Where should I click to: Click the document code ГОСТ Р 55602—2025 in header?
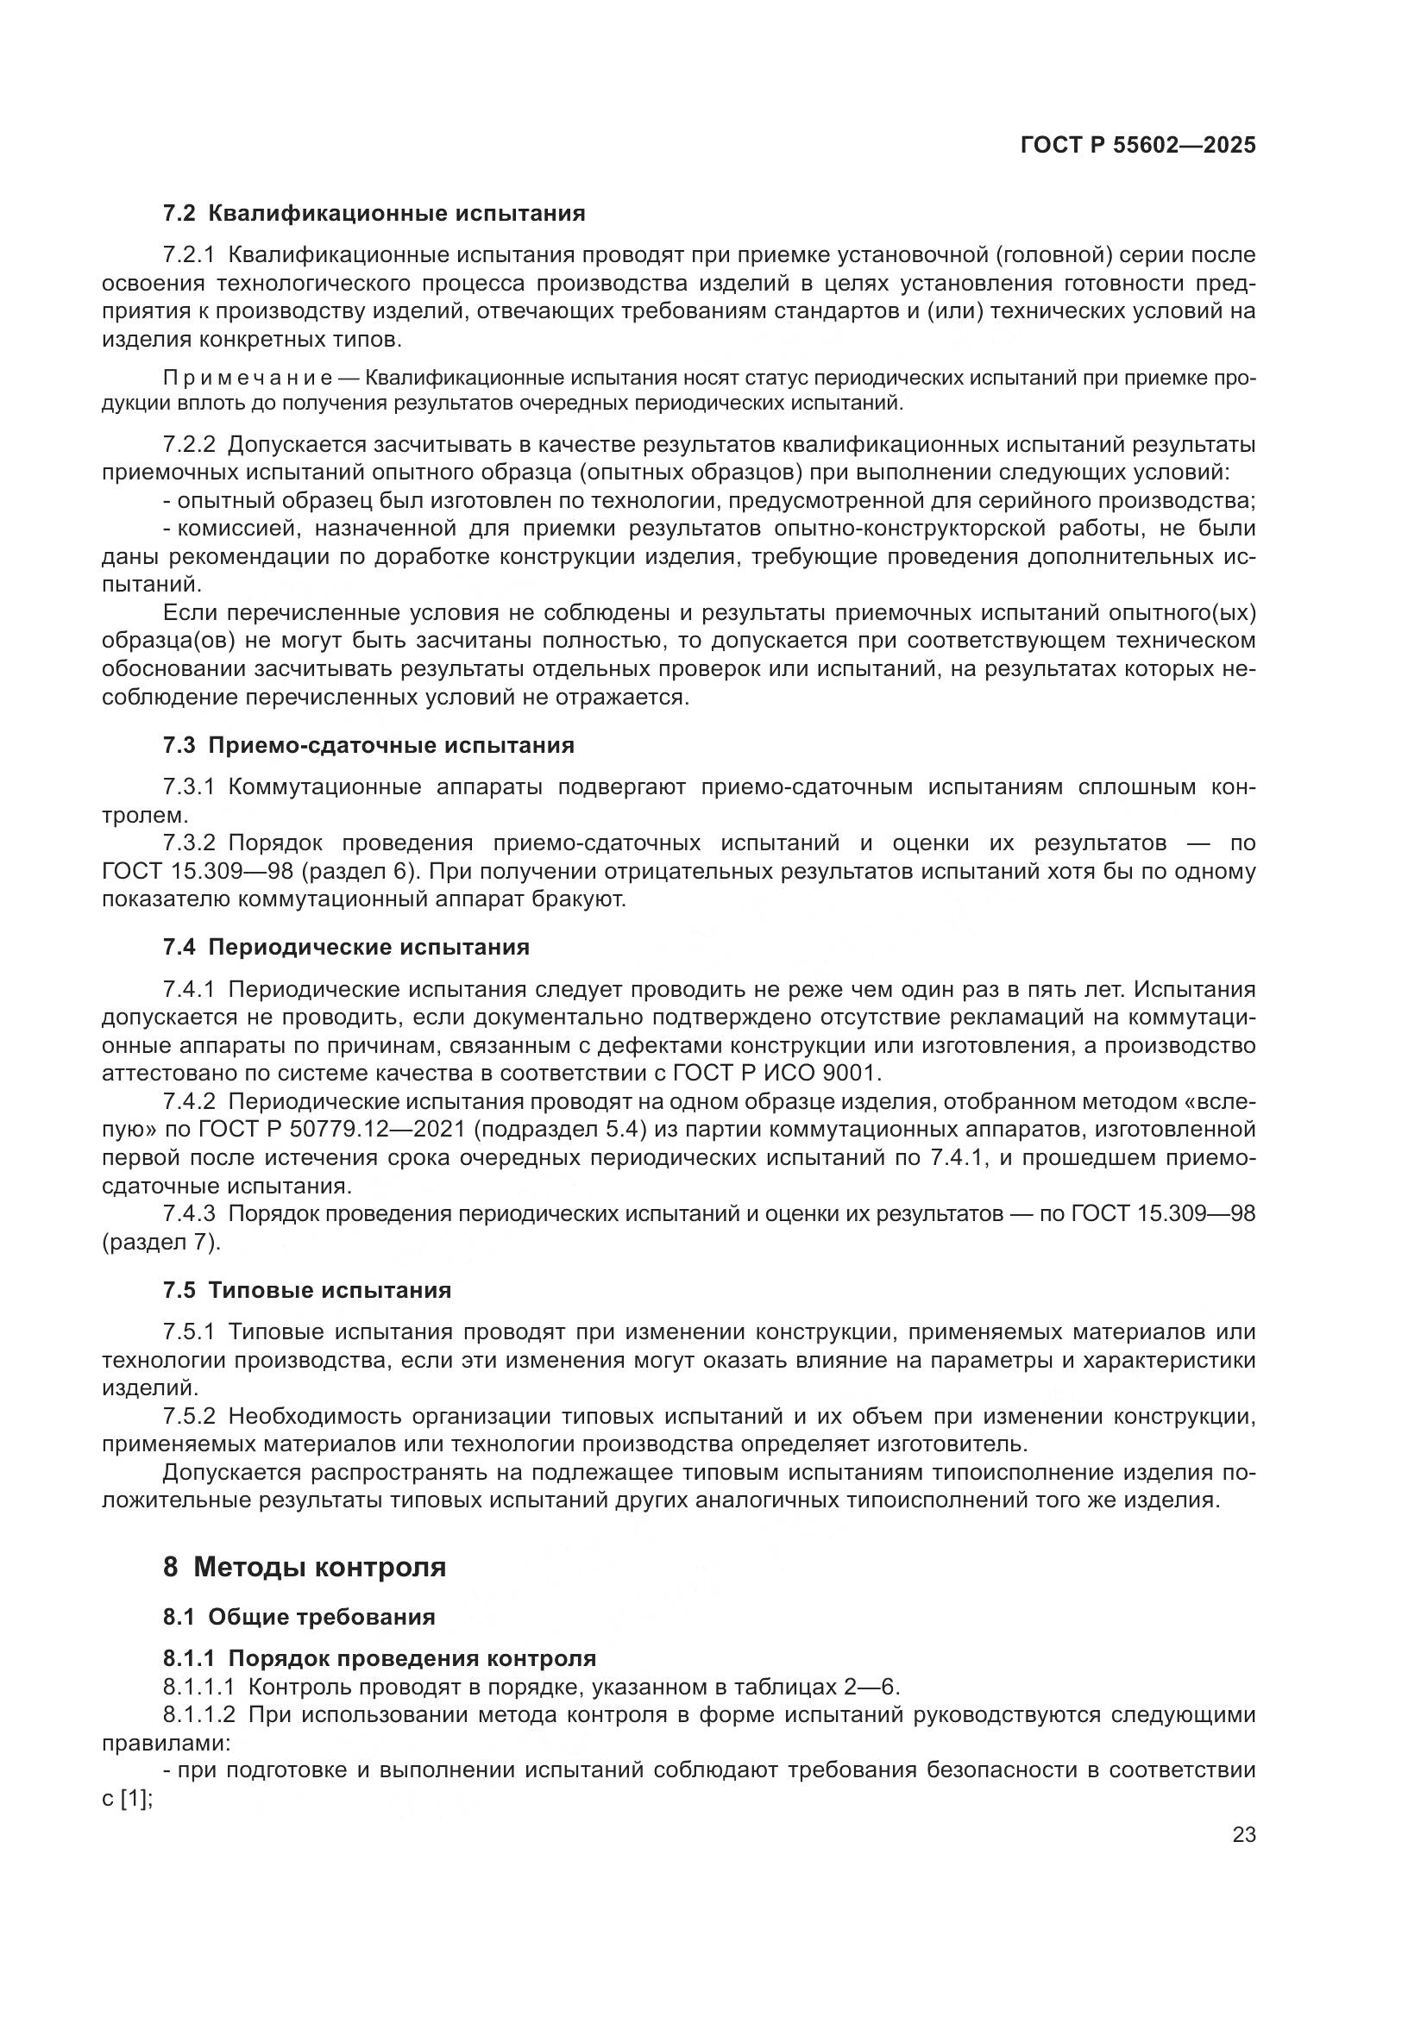[1138, 146]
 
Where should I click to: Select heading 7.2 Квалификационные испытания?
[374, 214]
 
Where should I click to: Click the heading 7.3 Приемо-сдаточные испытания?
[368, 746]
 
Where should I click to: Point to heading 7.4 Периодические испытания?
[346, 947]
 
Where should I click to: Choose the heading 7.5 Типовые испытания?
[306, 1291]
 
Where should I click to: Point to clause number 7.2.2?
[189, 444]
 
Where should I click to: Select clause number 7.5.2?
[189, 1416]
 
